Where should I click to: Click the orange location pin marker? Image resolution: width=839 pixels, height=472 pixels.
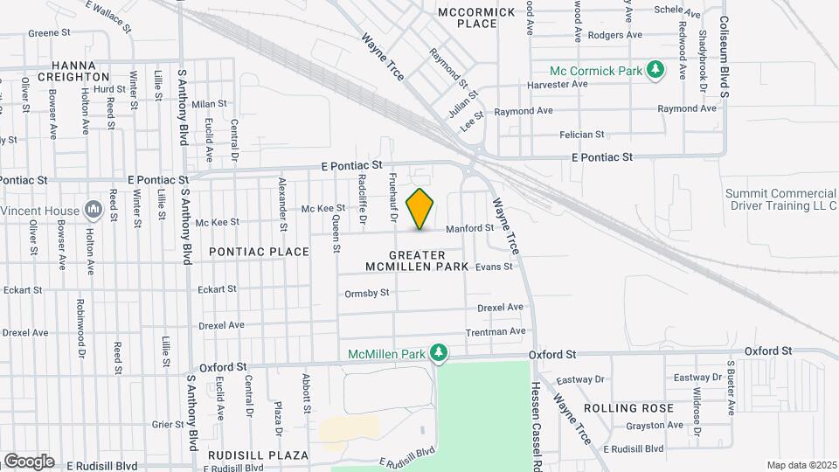click(420, 209)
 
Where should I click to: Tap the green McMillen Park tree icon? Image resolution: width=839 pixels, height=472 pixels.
click(440, 353)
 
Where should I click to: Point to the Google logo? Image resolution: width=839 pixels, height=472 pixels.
click(28, 461)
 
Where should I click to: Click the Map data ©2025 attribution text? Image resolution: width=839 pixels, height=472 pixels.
click(801, 465)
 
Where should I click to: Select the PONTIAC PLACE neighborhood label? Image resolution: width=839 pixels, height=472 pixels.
click(260, 252)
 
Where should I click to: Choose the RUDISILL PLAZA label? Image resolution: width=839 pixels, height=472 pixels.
click(258, 455)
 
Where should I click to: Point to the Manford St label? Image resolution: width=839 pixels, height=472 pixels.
click(470, 229)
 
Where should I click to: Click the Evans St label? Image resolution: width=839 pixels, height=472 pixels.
click(494, 267)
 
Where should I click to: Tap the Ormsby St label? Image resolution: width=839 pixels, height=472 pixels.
click(367, 293)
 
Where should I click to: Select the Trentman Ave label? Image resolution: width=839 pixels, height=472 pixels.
click(496, 331)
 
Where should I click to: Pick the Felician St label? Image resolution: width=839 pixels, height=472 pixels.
click(582, 135)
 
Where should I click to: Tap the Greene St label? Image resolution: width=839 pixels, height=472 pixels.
click(49, 33)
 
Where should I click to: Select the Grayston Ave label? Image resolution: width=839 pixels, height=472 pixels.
click(655, 426)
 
